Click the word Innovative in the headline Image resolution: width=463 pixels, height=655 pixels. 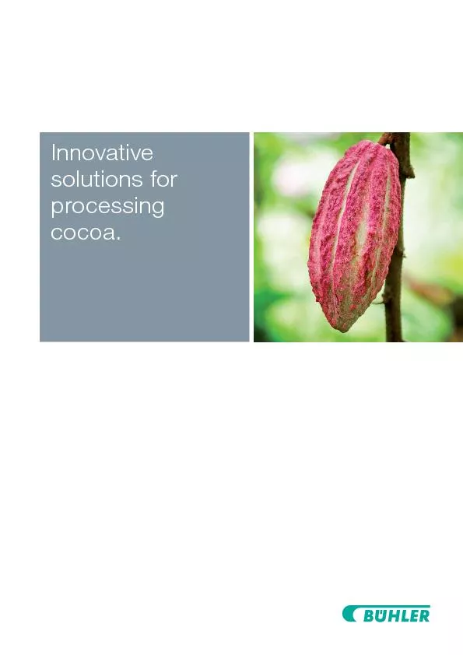(102, 153)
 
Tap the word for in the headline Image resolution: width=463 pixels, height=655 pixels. (162, 180)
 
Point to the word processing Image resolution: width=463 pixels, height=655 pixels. (107, 208)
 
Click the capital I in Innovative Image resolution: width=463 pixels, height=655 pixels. (53, 152)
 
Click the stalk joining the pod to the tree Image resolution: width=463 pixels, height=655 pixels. (387, 141)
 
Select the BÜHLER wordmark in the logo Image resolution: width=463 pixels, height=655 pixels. (396, 616)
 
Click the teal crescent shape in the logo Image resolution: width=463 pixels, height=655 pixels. (349, 615)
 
